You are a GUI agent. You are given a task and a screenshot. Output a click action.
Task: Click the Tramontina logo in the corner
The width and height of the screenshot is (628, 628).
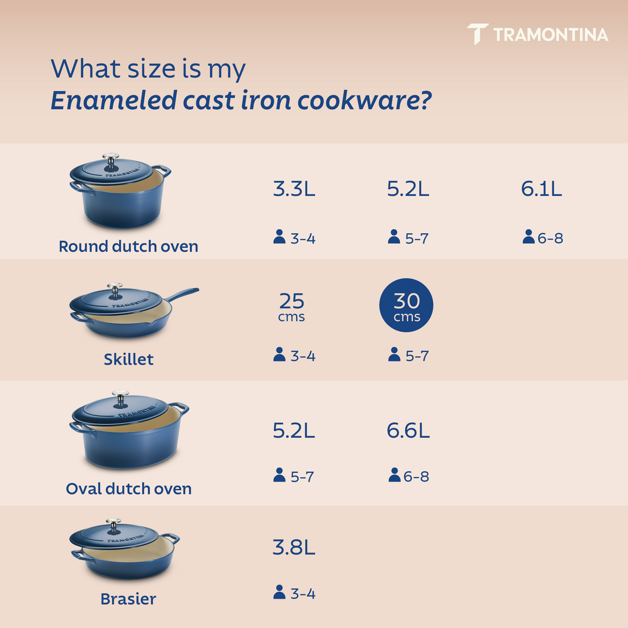pyautogui.click(x=538, y=34)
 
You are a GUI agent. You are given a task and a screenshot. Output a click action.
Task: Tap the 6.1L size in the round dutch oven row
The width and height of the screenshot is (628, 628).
pyautogui.click(x=541, y=189)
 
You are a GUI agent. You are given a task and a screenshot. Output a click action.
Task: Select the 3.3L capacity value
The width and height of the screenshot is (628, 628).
pyautogui.click(x=294, y=189)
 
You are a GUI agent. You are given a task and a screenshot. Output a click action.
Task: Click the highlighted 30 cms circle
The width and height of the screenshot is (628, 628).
pyautogui.click(x=406, y=305)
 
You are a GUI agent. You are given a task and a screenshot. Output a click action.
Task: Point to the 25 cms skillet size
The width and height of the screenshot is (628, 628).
pyautogui.click(x=292, y=306)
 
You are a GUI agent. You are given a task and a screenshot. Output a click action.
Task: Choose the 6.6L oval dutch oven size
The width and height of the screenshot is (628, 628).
pyautogui.click(x=408, y=430)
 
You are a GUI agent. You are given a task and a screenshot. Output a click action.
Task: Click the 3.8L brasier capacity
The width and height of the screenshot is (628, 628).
pyautogui.click(x=294, y=547)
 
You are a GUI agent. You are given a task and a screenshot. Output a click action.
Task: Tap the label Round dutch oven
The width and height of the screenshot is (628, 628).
pyautogui.click(x=128, y=246)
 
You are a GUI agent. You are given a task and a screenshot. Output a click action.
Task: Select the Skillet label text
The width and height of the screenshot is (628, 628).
pyautogui.click(x=128, y=359)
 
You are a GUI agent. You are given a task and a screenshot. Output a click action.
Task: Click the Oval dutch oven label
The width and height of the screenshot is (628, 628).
pyautogui.click(x=128, y=489)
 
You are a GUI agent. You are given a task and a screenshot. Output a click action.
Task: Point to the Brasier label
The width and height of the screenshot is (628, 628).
pyautogui.click(x=128, y=599)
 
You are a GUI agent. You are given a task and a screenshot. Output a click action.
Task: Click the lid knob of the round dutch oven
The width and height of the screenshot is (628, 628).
pyautogui.click(x=111, y=158)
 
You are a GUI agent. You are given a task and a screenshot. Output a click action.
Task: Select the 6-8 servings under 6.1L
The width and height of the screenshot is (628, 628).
pyautogui.click(x=549, y=238)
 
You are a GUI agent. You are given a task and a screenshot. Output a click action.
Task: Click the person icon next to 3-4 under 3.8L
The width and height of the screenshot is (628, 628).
pyautogui.click(x=279, y=592)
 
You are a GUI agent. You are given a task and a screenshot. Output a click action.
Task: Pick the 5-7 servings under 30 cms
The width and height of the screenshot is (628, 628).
pyautogui.click(x=416, y=356)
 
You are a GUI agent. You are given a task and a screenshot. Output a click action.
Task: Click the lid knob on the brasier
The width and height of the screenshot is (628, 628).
pyautogui.click(x=113, y=524)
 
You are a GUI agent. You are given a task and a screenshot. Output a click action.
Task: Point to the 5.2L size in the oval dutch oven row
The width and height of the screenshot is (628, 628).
pyautogui.click(x=294, y=430)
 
